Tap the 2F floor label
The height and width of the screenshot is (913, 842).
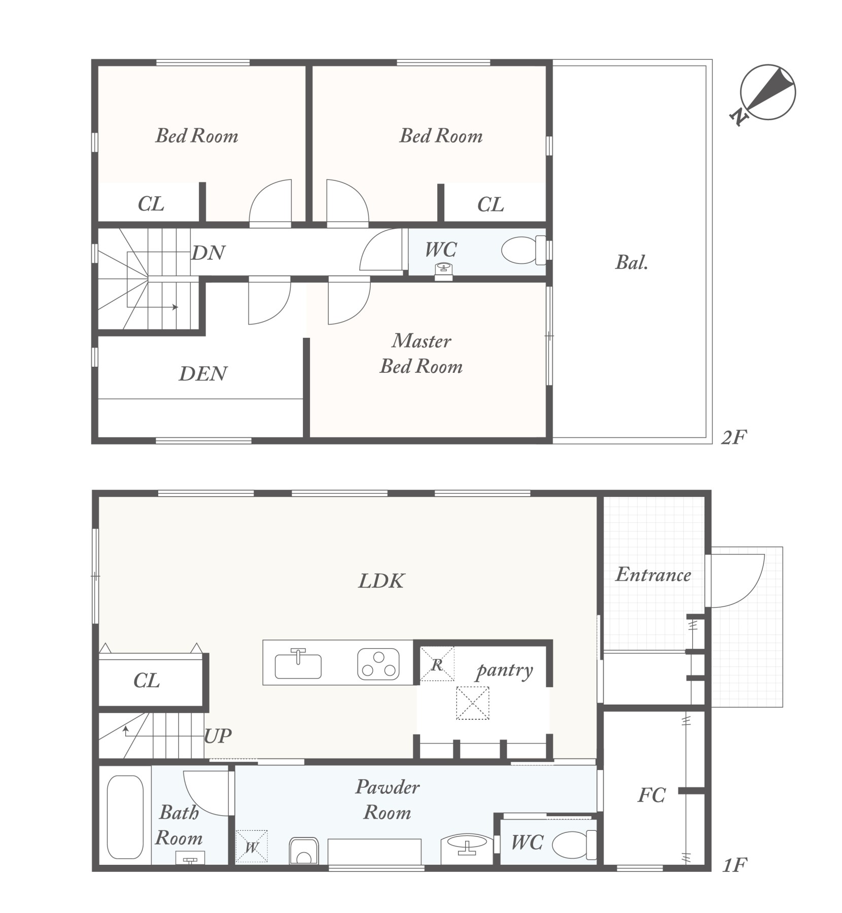734,437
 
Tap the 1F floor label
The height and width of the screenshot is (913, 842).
734,865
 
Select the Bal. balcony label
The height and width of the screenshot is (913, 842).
631,262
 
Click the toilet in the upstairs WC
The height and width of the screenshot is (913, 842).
523,250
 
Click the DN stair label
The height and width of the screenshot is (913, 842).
208,253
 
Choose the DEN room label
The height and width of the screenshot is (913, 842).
203,374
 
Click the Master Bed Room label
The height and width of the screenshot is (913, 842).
421,354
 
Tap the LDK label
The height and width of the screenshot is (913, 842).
381,581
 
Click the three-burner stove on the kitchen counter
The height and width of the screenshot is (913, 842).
378,664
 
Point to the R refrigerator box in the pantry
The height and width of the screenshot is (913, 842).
437,663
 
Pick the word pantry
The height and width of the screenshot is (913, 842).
504,671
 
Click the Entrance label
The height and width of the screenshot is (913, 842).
653,575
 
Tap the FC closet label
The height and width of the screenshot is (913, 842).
651,795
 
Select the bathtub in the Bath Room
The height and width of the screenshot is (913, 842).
125,817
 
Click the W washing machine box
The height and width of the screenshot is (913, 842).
252,846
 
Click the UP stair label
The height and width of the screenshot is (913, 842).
218,735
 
